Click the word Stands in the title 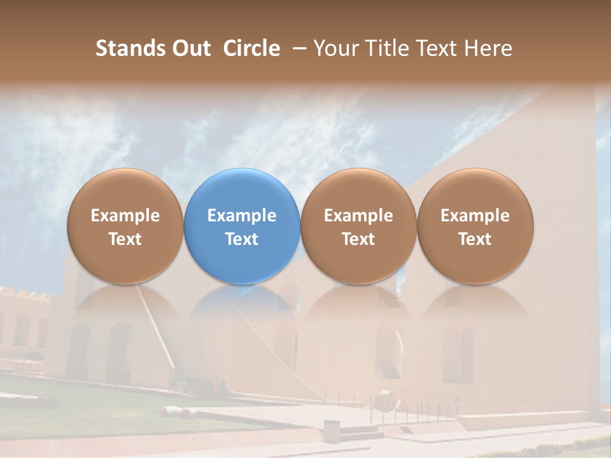[x=130, y=48]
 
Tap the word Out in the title [x=190, y=48]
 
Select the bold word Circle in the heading [x=251, y=48]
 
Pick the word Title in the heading [x=383, y=48]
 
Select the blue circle [x=242, y=226]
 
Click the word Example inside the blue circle [x=242, y=216]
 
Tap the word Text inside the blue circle [x=242, y=239]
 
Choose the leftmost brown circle [x=125, y=226]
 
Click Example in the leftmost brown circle [x=125, y=216]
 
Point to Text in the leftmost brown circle [x=125, y=239]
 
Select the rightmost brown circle [x=475, y=226]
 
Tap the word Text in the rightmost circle [x=475, y=239]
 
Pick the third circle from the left [x=358, y=226]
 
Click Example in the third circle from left [x=358, y=216]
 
